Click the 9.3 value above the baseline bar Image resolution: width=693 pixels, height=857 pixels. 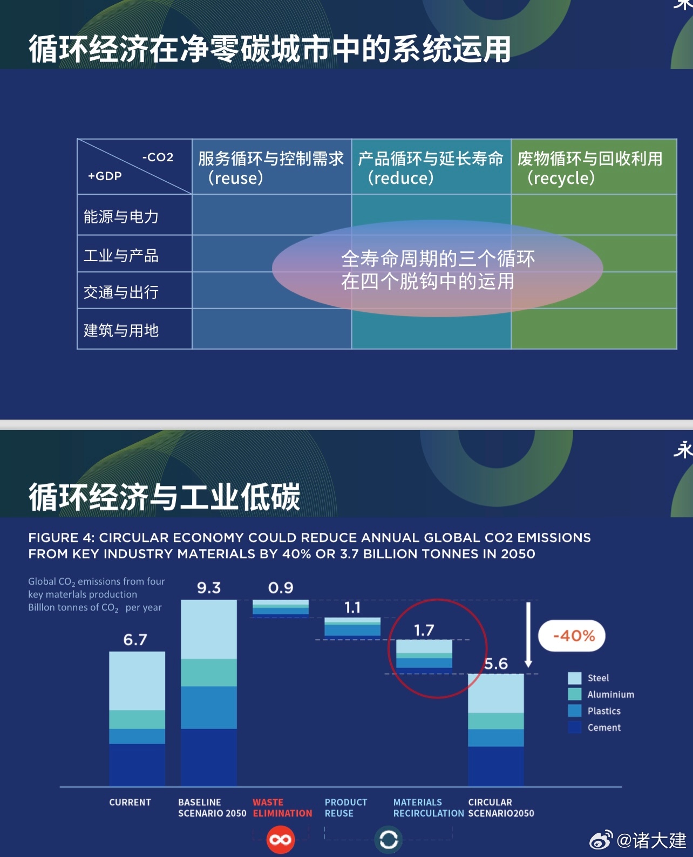208,588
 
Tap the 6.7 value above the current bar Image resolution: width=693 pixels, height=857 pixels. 135,640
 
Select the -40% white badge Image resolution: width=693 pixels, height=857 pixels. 572,636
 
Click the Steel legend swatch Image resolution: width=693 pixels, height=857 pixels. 575,678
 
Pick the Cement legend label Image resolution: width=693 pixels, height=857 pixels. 604,728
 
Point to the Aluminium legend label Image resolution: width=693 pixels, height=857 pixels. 610,695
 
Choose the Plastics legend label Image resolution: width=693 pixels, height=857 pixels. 604,711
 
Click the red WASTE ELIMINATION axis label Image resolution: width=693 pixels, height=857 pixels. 282,807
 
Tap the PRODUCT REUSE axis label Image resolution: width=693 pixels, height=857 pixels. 346,807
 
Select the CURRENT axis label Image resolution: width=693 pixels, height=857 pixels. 130,803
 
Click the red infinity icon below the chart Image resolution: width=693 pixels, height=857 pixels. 281,840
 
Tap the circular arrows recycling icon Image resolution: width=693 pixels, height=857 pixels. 389,840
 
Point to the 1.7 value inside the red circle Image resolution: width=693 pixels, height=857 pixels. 424,630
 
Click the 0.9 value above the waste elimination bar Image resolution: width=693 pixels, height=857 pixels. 281,588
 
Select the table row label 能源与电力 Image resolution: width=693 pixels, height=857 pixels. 121,216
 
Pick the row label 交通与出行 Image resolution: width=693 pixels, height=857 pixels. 121,292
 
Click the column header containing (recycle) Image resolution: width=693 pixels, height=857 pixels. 594,167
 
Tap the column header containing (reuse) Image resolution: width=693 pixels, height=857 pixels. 272,167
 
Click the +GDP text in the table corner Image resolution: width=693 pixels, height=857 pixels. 105,176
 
